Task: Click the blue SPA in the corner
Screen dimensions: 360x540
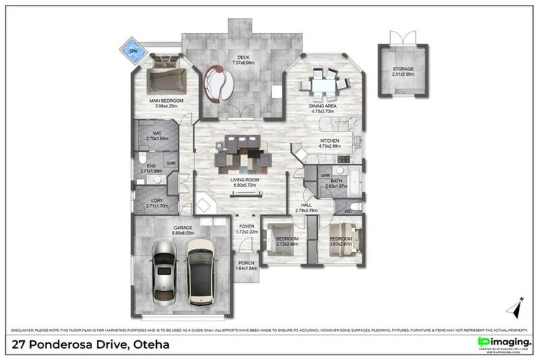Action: [133, 51]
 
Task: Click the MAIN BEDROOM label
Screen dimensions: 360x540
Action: [166, 101]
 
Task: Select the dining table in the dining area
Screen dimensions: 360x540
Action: [324, 85]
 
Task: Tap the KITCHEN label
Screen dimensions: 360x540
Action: [330, 141]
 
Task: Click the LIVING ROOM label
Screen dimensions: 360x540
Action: [245, 180]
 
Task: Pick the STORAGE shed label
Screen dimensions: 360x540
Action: [403, 68]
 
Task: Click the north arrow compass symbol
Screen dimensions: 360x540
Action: [515, 308]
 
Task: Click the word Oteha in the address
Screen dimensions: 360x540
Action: [150, 345]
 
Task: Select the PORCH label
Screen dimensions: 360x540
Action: [245, 263]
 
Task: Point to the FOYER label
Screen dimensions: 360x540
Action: [245, 226]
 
